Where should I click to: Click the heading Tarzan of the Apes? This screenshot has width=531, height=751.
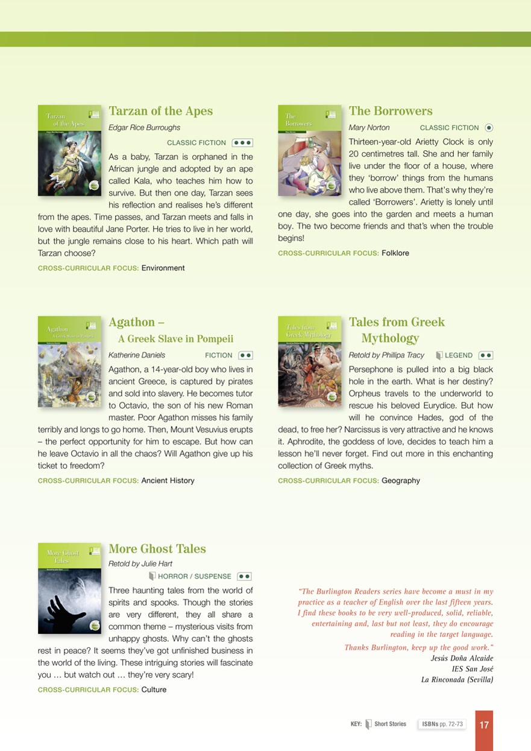click(x=160, y=111)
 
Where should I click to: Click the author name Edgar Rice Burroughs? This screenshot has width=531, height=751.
click(x=144, y=128)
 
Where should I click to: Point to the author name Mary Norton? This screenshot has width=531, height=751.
click(x=369, y=128)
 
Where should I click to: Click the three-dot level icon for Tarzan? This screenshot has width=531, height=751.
click(x=242, y=143)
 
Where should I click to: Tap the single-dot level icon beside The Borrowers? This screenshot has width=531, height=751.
click(x=489, y=128)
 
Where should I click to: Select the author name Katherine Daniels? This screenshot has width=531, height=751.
click(x=137, y=355)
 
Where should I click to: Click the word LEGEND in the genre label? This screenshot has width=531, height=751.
click(x=458, y=355)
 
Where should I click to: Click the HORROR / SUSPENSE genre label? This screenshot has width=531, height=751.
click(x=194, y=576)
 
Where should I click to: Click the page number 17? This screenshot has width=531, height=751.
click(x=484, y=725)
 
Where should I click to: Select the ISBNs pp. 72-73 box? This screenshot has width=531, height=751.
click(x=442, y=724)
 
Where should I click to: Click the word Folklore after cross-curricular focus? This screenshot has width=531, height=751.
click(x=395, y=253)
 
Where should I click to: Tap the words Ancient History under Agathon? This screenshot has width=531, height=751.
click(x=168, y=481)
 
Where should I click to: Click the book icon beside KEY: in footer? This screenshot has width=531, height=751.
click(x=368, y=724)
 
